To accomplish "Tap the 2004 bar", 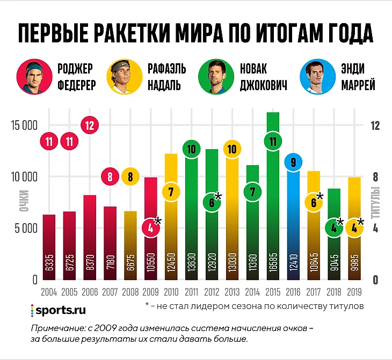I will point(49,247).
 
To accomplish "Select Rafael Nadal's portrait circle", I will point(123,77).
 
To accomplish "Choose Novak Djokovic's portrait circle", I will point(214,77).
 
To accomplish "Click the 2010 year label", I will point(171,293).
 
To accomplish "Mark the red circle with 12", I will point(90,126).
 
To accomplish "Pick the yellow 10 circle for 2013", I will point(232,149).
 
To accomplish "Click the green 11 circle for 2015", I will point(273,142).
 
